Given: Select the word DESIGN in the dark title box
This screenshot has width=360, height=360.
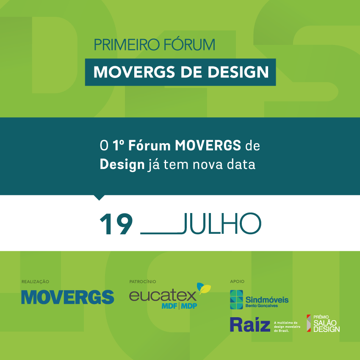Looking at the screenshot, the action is [238, 72].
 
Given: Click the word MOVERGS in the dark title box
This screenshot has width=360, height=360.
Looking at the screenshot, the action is [134, 72].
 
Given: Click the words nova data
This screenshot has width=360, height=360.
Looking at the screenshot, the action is [224, 165].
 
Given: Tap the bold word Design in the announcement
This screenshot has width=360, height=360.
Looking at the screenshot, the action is [122, 165].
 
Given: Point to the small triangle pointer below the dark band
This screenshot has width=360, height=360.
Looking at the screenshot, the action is [99, 197].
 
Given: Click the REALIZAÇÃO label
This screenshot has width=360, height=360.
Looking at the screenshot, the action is [35, 282].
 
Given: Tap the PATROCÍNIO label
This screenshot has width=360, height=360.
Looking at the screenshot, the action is [143, 282].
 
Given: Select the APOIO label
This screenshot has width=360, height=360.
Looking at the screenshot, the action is [237, 282].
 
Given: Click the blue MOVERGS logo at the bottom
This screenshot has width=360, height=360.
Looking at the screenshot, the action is [68, 297].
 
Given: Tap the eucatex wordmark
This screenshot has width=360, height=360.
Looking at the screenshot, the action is [163, 296].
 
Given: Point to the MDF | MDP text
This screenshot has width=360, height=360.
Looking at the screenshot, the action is [179, 306].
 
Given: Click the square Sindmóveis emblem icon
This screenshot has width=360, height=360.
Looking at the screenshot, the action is [236, 299].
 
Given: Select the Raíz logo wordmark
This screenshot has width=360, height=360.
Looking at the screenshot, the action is [250, 324].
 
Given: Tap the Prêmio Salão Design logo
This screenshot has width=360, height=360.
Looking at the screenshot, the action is [323, 323].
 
